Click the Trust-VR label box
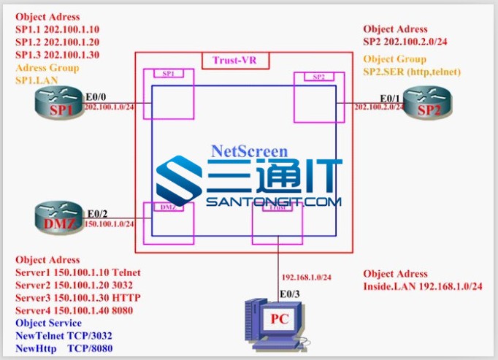pos(235,61)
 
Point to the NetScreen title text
pos(249,151)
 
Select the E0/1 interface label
pos(390,97)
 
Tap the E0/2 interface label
pos(96,214)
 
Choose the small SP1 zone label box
pos(169,74)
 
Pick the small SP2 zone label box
pos(318,77)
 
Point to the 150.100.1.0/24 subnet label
pos(110,224)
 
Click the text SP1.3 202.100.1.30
pos(58,55)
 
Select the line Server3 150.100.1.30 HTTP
pos(78,297)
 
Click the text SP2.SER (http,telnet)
pos(413,72)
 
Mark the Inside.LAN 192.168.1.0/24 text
pos(423,286)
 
